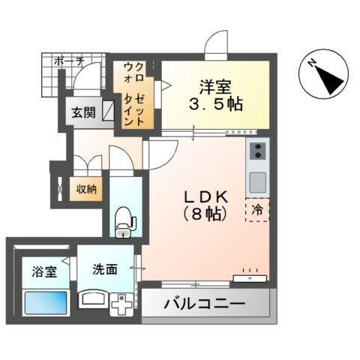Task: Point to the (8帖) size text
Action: [x=205, y=214]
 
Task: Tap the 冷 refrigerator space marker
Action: [x=257, y=210]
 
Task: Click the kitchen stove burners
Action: [x=257, y=153]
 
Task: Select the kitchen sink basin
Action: [x=257, y=181]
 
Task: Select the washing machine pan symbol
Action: [x=121, y=305]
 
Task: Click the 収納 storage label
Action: [x=85, y=189]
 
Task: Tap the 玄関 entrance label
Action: [x=83, y=113]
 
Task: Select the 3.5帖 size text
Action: [x=217, y=104]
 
